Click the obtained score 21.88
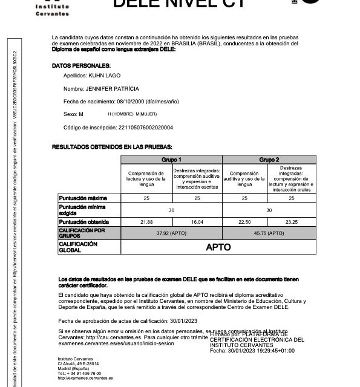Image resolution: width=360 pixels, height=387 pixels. [x=146, y=223]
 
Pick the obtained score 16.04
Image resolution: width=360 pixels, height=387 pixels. [x=197, y=223]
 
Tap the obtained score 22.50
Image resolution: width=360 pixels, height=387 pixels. [x=245, y=223]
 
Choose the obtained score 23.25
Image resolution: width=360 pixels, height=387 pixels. [x=292, y=223]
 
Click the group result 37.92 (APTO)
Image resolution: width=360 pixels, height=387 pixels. [x=172, y=232]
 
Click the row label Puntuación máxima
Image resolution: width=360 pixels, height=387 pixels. [x=82, y=198]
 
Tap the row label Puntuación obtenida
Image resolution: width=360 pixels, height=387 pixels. [x=83, y=223]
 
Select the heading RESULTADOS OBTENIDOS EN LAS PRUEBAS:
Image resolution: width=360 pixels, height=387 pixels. [x=112, y=147]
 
